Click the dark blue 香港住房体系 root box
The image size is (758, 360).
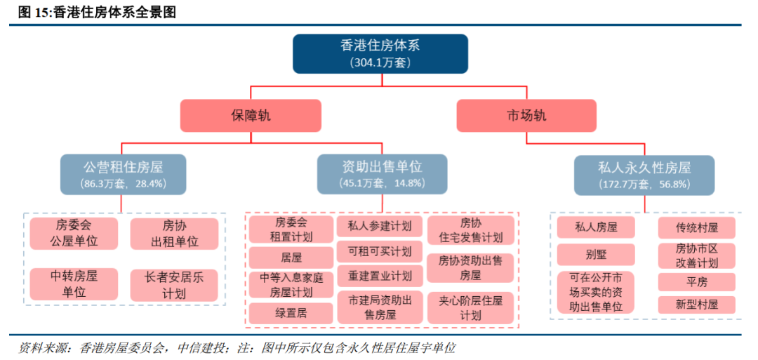click(380, 53)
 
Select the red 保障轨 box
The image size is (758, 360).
click(251, 116)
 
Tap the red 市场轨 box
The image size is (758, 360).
click(526, 116)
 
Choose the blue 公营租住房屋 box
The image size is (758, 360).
click(123, 174)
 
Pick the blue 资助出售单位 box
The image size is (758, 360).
click(382, 174)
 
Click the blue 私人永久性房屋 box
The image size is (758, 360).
click(644, 175)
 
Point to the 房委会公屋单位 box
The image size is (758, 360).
click(74, 234)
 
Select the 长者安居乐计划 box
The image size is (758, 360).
click(175, 284)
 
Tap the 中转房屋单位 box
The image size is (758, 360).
click(74, 284)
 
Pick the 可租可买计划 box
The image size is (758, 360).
click(380, 251)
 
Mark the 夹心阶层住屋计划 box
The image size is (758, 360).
click(471, 307)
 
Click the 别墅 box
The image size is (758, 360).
click(596, 254)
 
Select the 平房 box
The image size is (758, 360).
click(696, 282)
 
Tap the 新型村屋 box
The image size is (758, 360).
click(696, 305)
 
